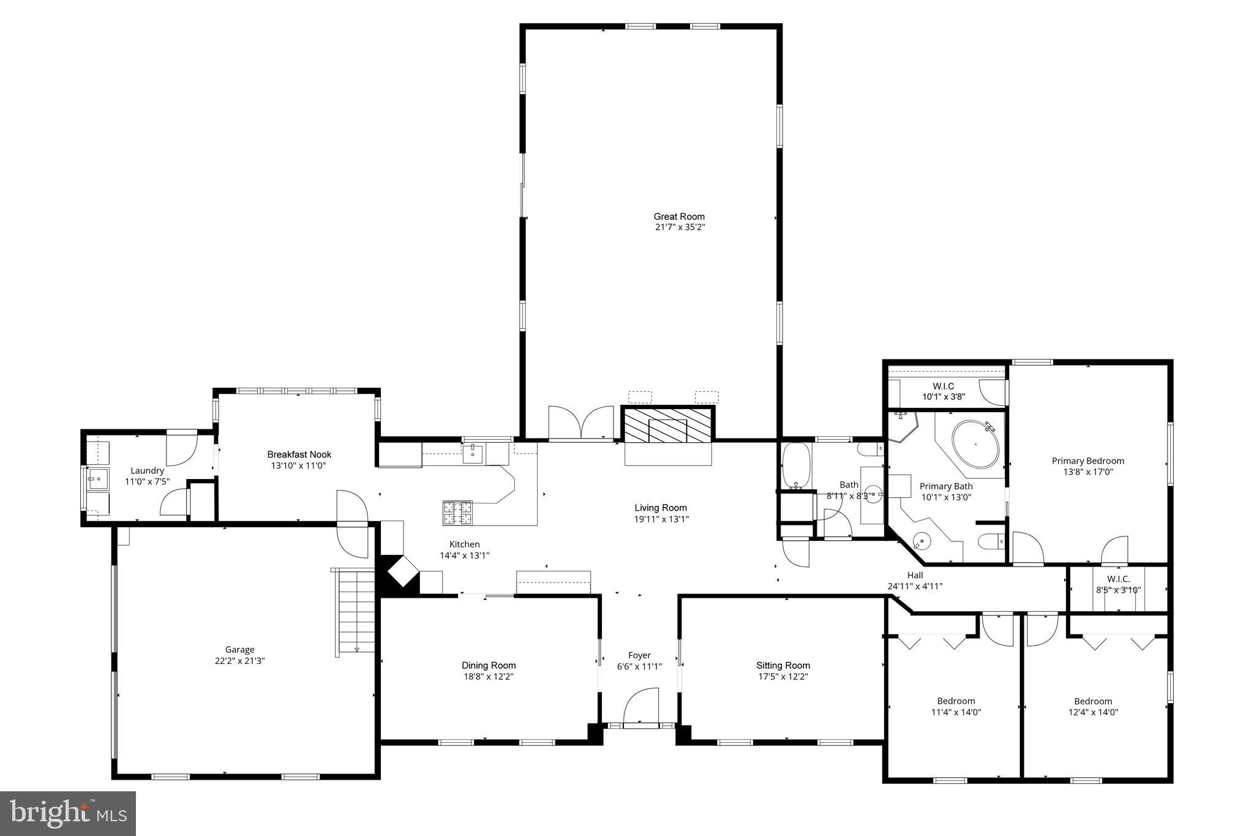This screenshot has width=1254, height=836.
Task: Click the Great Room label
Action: [x=678, y=216]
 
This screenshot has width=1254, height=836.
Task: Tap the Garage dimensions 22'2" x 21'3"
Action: [x=239, y=661]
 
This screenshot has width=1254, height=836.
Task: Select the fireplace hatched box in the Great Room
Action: [x=668, y=424]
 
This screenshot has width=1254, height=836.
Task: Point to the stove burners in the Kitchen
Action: [x=457, y=513]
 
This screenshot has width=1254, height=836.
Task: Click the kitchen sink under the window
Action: [x=473, y=454]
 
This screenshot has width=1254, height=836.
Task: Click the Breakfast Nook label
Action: [x=299, y=454]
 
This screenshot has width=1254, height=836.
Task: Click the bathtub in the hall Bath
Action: [x=796, y=466]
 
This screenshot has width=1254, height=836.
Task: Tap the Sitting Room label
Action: [x=783, y=665]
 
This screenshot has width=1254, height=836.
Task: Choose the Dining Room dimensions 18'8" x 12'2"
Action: [x=488, y=677]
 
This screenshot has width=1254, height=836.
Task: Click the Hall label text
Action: [x=915, y=575]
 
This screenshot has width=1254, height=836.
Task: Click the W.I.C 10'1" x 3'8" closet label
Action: [x=943, y=391]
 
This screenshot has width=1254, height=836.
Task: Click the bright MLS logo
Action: [x=67, y=813]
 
